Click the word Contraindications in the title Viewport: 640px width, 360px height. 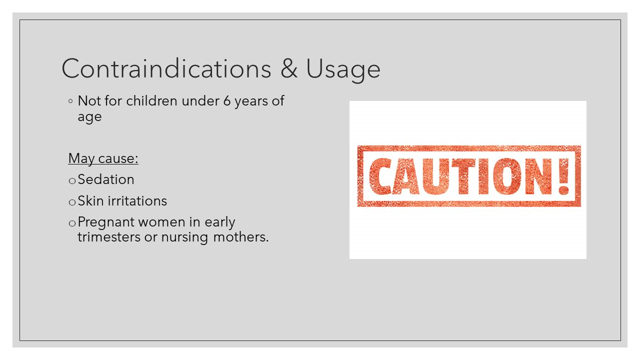(166, 68)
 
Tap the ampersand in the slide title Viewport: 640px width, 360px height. (288, 68)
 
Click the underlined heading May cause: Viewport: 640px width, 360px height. (103, 158)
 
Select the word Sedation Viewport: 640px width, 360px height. (106, 179)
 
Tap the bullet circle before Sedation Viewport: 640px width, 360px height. (72, 180)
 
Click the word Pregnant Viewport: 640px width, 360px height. (106, 222)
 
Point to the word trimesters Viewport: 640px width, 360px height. (109, 237)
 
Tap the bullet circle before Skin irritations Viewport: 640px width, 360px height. (72, 202)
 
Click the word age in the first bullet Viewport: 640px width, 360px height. (89, 117)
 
